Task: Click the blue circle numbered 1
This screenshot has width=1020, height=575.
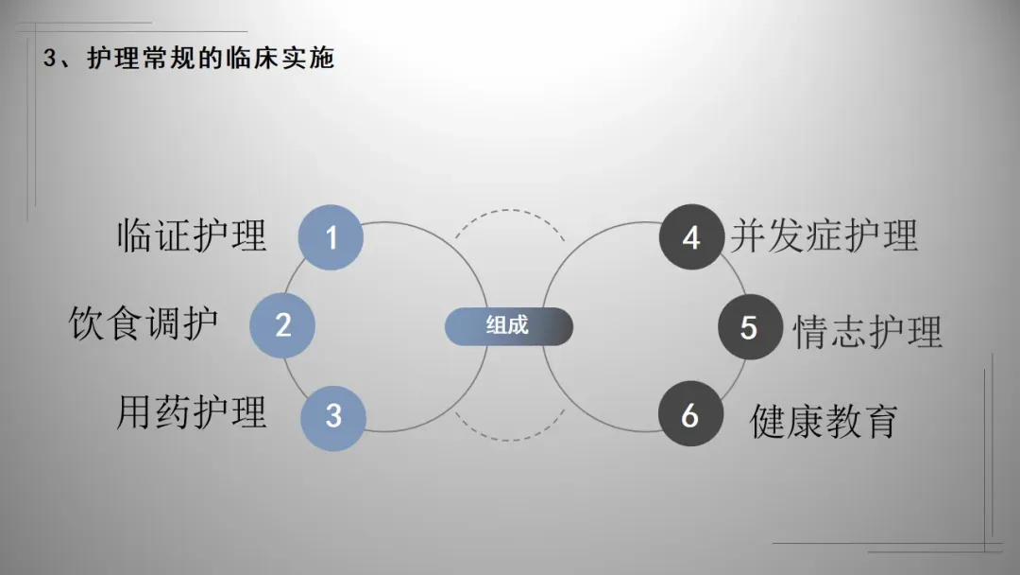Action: pyautogui.click(x=331, y=236)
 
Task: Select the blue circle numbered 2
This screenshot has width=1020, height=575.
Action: pyautogui.click(x=282, y=325)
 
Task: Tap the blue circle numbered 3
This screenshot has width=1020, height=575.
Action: pyautogui.click(x=333, y=415)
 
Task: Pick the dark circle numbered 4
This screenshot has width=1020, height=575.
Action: pyautogui.click(x=691, y=236)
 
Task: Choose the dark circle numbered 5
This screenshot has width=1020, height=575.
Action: pyautogui.click(x=749, y=327)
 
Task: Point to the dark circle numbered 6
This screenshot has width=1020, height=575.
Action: pyautogui.click(x=690, y=414)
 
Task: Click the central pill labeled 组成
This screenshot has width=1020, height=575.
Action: pyautogui.click(x=508, y=325)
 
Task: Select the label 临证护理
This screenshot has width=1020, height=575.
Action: pyautogui.click(x=192, y=235)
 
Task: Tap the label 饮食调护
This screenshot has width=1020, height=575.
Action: pyautogui.click(x=144, y=323)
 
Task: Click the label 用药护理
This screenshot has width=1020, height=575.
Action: pyautogui.click(x=192, y=412)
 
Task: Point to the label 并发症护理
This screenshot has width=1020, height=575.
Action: pyautogui.click(x=824, y=235)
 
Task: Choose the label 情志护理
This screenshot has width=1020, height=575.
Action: pyautogui.click(x=868, y=332)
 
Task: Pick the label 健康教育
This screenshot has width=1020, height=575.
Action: pyautogui.click(x=824, y=420)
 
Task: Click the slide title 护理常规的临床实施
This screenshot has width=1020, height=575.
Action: pyautogui.click(x=211, y=59)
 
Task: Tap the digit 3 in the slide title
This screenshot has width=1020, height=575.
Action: pyautogui.click(x=49, y=59)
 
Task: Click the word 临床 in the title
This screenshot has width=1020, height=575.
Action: pyautogui.click(x=248, y=59)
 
